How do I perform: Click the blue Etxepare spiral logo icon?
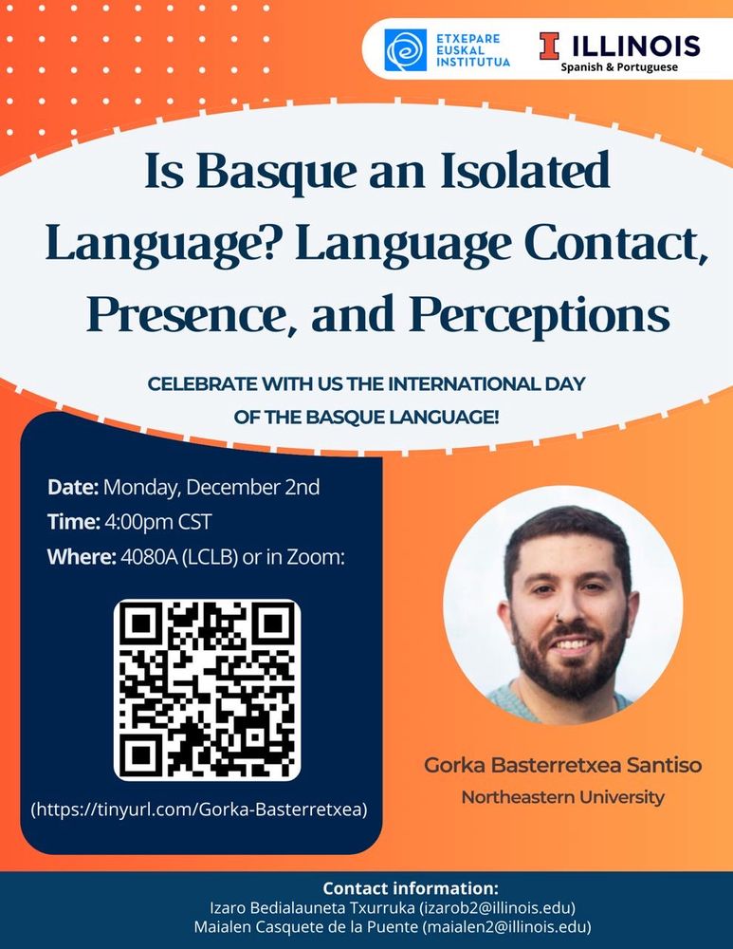pyautogui.click(x=405, y=50)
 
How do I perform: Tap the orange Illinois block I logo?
pyautogui.click(x=549, y=46)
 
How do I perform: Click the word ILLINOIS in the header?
pyautogui.click(x=635, y=46)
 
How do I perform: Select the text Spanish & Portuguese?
pyautogui.click(x=619, y=67)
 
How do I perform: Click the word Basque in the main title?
pyautogui.click(x=277, y=171)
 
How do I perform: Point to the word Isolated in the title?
pyautogui.click(x=525, y=170)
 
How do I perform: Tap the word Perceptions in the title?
pyautogui.click(x=540, y=315)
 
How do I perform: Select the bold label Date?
pyautogui.click(x=73, y=487)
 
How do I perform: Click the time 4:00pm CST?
pyautogui.click(x=157, y=522)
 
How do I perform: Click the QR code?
pyautogui.click(x=207, y=690)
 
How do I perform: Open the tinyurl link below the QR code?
pyautogui.click(x=199, y=809)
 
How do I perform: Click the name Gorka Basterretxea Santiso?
pyautogui.click(x=563, y=765)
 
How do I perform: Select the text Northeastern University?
pyautogui.click(x=563, y=797)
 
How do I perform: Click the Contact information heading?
pyautogui.click(x=411, y=888)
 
